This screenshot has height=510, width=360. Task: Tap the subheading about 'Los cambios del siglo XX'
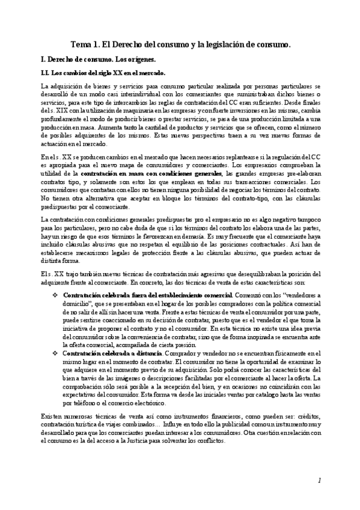pos(91,73)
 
